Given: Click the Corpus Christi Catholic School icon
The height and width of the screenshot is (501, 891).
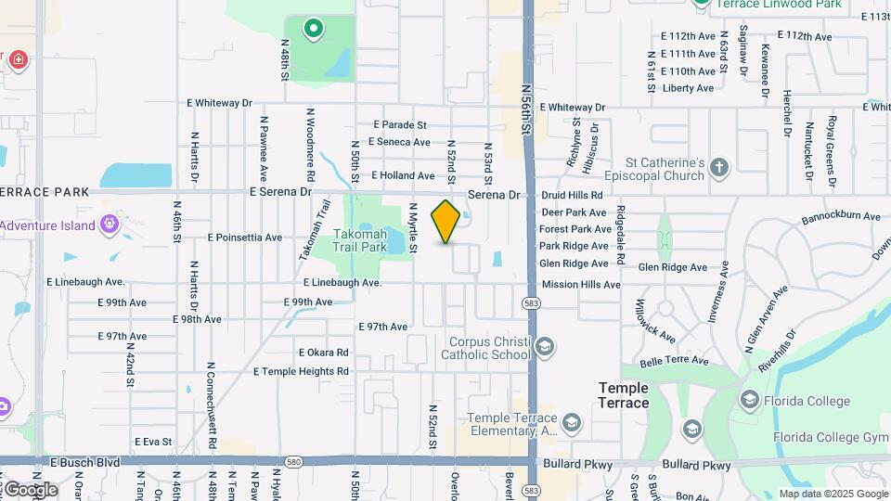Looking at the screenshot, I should pyautogui.click(x=545, y=348).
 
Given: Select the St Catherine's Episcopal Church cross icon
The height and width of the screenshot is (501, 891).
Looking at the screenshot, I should pyautogui.click(x=719, y=168).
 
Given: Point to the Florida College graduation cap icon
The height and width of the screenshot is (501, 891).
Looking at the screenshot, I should pyautogui.click(x=749, y=400).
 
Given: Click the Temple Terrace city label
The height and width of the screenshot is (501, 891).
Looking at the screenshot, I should pyautogui.click(x=624, y=395).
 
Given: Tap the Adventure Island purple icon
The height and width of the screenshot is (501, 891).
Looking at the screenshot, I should pyautogui.click(x=110, y=224).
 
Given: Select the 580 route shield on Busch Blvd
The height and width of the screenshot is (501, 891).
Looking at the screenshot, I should pyautogui.click(x=294, y=460).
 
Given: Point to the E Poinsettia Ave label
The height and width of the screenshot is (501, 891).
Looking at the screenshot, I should pyautogui.click(x=245, y=238).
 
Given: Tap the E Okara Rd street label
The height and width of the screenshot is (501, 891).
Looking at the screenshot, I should pyautogui.click(x=323, y=353).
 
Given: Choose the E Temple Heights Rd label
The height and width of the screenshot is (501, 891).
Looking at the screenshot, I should pyautogui.click(x=301, y=371).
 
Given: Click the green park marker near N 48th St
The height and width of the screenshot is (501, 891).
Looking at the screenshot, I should pyautogui.click(x=314, y=30).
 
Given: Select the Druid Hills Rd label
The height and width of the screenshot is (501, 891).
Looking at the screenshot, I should pyautogui.click(x=572, y=196).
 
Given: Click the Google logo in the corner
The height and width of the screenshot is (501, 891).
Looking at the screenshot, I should pyautogui.click(x=31, y=489).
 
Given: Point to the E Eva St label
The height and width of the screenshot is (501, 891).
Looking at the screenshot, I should pyautogui.click(x=153, y=442).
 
